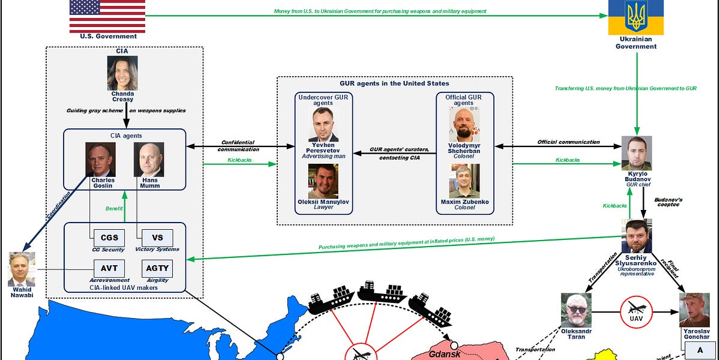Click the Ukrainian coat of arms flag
tap(636, 17)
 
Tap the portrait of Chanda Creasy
tap(122, 73)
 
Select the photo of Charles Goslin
tap(100, 160)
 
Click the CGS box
tap(109, 237)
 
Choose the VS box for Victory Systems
tap(157, 237)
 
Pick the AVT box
tap(109, 268)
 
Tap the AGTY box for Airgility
tap(157, 268)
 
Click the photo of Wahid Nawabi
tap(22, 269)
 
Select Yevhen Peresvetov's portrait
tap(323, 125)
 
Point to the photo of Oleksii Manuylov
tap(323, 181)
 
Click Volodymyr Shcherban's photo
tap(464, 125)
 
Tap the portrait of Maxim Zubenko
tap(464, 181)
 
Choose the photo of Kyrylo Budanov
tap(636, 153)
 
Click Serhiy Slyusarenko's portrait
tap(636, 236)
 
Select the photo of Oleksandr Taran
tap(577, 310)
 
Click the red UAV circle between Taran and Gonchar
tap(636, 312)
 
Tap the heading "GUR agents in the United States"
tap(394, 83)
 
